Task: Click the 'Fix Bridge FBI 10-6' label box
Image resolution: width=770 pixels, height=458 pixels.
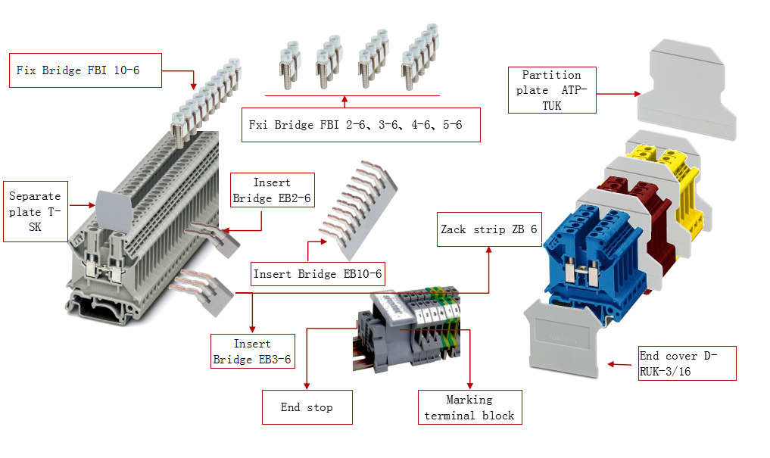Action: [86, 70]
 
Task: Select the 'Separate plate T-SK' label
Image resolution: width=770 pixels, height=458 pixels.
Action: [35, 211]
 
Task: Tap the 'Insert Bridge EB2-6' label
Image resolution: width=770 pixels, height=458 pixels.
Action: [272, 190]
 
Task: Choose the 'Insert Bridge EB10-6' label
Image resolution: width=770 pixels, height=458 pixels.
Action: [317, 273]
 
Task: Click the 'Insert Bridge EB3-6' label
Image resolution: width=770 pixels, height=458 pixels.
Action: [252, 351]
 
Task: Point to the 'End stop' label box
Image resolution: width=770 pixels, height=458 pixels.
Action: [307, 407]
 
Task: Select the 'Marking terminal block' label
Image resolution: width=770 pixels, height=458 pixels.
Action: [469, 408]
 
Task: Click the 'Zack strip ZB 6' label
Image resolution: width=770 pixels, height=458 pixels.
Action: [488, 229]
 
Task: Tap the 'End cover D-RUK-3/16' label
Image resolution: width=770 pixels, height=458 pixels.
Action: [686, 363]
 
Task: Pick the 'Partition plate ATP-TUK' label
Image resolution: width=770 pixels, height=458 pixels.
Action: [551, 90]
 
